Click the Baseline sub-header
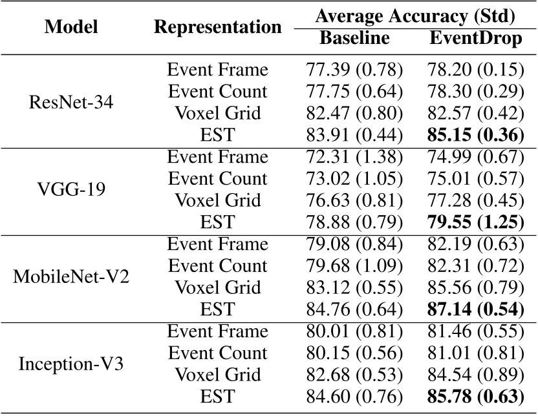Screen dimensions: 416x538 pyautogui.click(x=354, y=38)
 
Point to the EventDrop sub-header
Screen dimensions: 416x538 pyautogui.click(x=475, y=38)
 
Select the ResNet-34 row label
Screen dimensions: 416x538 pyautogui.click(x=71, y=102)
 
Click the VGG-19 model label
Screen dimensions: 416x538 pyautogui.click(x=71, y=189)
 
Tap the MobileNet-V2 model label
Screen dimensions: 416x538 pyautogui.click(x=71, y=276)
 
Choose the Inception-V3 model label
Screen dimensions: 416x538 pyautogui.click(x=71, y=364)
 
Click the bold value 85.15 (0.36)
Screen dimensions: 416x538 pyautogui.click(x=475, y=135)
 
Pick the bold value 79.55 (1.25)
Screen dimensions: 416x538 pyautogui.click(x=475, y=222)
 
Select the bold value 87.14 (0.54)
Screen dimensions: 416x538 pyautogui.click(x=475, y=309)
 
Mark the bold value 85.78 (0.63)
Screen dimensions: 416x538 pyautogui.click(x=475, y=397)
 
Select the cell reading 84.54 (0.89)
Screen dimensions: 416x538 pyautogui.click(x=475, y=375)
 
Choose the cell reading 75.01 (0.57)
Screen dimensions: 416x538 pyautogui.click(x=475, y=178)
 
